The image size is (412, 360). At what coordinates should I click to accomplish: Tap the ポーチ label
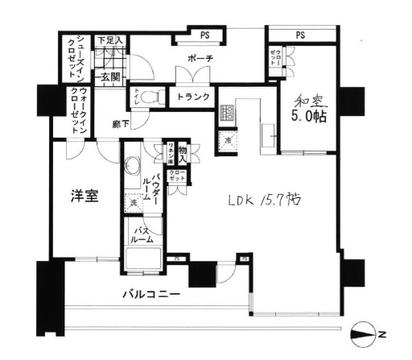point(199,60)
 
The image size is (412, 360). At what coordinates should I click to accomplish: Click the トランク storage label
point(193,97)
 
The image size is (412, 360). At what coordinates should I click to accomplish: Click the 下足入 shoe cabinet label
point(109,39)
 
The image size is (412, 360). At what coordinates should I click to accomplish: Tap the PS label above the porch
point(204,35)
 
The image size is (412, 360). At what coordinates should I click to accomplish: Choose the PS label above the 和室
point(299,35)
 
